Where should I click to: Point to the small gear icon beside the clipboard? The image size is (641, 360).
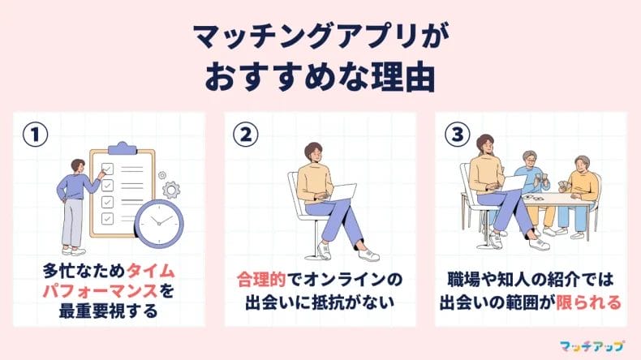pos(170,189)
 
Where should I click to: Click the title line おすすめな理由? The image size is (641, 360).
pos(320,79)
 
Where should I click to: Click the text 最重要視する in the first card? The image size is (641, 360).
pos(109,311)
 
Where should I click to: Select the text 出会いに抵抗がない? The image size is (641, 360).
pos(320,302)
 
